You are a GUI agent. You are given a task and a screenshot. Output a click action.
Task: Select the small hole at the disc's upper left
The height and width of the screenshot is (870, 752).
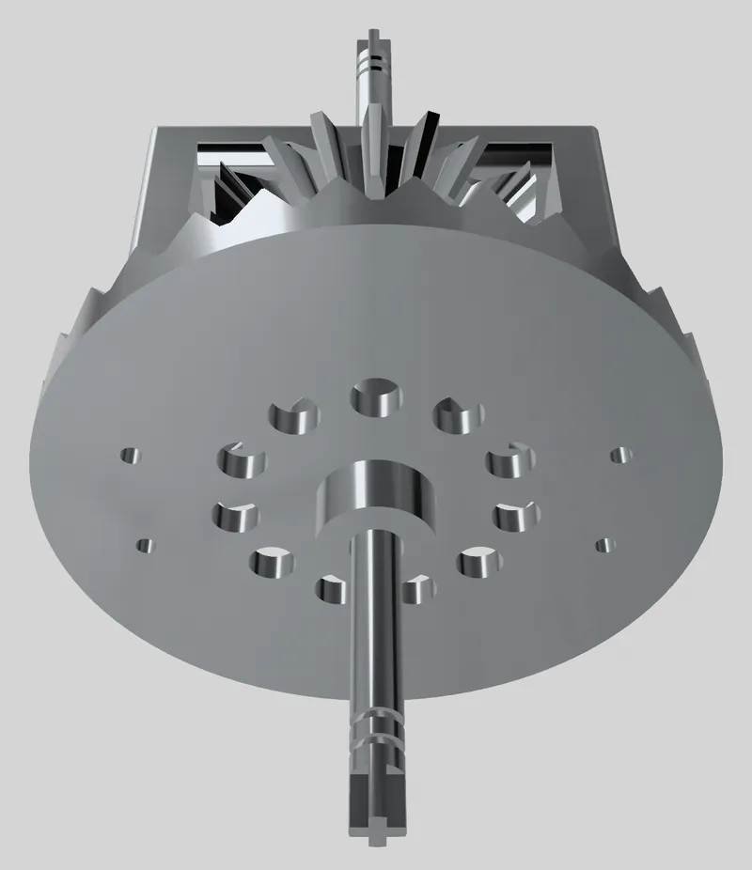tap(129, 456)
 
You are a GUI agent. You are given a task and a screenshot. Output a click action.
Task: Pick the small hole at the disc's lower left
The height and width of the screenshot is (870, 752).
tap(145, 544)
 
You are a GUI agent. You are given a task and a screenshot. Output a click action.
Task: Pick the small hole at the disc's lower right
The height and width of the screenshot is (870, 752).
tap(604, 544)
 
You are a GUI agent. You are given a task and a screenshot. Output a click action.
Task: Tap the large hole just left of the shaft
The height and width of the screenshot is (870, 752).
tap(331, 590)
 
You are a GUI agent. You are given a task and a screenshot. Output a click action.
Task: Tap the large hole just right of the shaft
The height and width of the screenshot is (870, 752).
tap(416, 590)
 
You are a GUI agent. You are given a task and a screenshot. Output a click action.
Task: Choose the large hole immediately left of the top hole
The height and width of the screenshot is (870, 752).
tap(294, 414)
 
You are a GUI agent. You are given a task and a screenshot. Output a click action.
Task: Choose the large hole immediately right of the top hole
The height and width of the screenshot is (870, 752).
tap(458, 414)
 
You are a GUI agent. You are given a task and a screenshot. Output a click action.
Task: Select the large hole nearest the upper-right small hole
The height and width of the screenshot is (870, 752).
tap(510, 459)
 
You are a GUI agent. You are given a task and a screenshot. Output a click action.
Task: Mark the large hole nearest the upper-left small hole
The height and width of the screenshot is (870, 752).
tap(242, 459)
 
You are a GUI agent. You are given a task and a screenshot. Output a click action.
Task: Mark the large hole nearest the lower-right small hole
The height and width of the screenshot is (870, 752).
tap(516, 516)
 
